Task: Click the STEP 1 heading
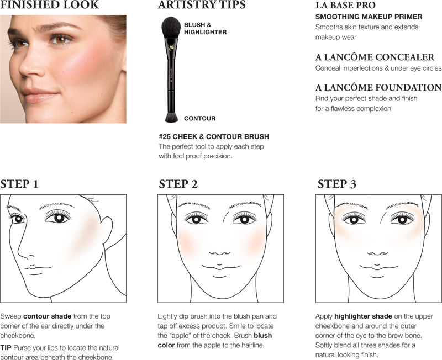[19, 184]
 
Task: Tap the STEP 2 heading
[178, 184]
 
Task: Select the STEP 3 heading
[337, 184]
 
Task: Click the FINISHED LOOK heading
[50, 5]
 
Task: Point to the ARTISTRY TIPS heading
[202, 5]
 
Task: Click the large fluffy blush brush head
[171, 27]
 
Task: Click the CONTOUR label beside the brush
[199, 118]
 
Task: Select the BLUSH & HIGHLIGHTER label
[205, 29]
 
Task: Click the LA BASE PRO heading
[345, 5]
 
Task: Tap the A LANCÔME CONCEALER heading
[375, 57]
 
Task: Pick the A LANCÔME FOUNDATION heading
[378, 87]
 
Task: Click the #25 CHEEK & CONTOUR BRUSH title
[214, 136]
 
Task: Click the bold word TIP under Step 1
[6, 348]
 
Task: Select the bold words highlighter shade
[364, 316]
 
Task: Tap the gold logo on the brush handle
[171, 47]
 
